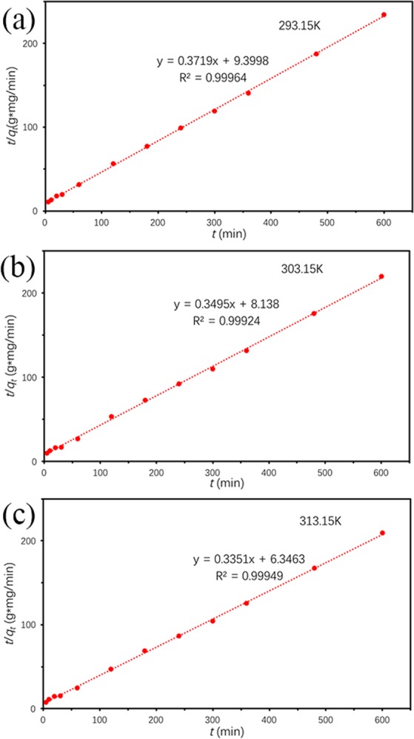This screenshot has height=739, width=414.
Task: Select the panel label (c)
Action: click(x=19, y=515)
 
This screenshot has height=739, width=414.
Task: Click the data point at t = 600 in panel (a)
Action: click(x=384, y=15)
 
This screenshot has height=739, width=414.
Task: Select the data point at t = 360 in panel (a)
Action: click(x=248, y=92)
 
